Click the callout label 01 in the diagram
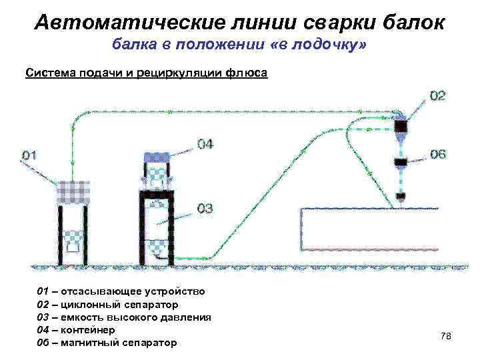(29, 155)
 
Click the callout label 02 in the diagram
(437, 96)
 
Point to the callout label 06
(437, 155)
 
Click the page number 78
(446, 336)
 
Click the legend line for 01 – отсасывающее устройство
(121, 292)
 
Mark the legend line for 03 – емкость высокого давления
(123, 317)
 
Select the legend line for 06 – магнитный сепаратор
(107, 343)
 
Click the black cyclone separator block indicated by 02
(401, 125)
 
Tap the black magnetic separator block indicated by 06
(401, 162)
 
